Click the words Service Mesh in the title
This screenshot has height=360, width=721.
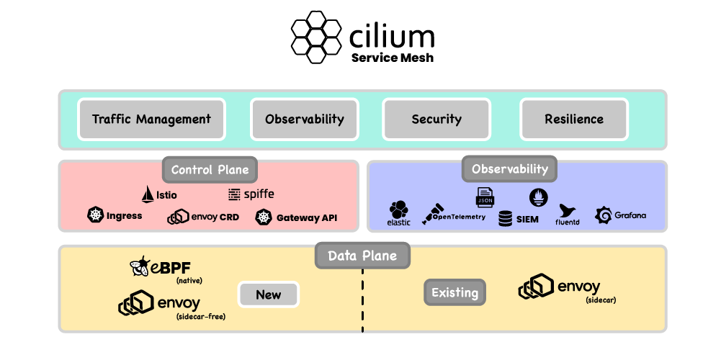(393, 58)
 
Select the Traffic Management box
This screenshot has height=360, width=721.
(151, 120)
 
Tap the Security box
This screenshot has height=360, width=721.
(436, 120)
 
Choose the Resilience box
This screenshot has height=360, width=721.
(574, 120)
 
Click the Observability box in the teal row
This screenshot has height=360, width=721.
(304, 120)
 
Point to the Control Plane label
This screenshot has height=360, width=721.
(210, 170)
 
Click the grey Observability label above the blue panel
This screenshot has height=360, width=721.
(509, 169)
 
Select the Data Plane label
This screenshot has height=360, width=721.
(362, 256)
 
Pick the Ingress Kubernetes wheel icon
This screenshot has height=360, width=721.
(96, 215)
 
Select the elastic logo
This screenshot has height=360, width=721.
(398, 210)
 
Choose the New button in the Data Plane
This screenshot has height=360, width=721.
(269, 294)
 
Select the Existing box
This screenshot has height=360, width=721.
(454, 293)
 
